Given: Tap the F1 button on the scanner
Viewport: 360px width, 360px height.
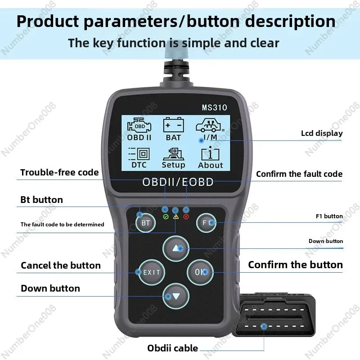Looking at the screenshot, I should (207, 222).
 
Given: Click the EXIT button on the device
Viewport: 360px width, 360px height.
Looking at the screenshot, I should (152, 272).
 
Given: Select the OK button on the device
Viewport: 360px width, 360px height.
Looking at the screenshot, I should (200, 272).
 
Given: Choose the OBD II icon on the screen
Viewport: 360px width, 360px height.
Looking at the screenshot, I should (139, 130).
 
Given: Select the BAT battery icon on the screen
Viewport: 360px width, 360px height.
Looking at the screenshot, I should (173, 130).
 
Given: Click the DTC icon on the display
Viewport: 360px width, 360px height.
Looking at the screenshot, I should (139, 157).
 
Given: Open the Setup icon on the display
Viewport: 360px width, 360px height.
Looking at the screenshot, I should (173, 157).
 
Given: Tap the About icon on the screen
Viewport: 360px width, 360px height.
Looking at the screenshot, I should (210, 157).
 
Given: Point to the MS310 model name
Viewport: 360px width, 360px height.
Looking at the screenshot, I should (214, 108).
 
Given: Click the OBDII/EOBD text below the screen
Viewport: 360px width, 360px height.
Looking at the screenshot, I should (178, 182).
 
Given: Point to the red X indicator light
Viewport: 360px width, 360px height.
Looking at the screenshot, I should (186, 217).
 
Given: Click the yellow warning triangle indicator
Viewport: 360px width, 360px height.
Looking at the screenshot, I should (175, 217).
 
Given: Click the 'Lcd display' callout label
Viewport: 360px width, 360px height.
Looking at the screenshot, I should (321, 133).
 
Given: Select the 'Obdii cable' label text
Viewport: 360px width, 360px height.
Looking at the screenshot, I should (172, 348).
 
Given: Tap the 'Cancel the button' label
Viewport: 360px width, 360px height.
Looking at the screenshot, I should (61, 265).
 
